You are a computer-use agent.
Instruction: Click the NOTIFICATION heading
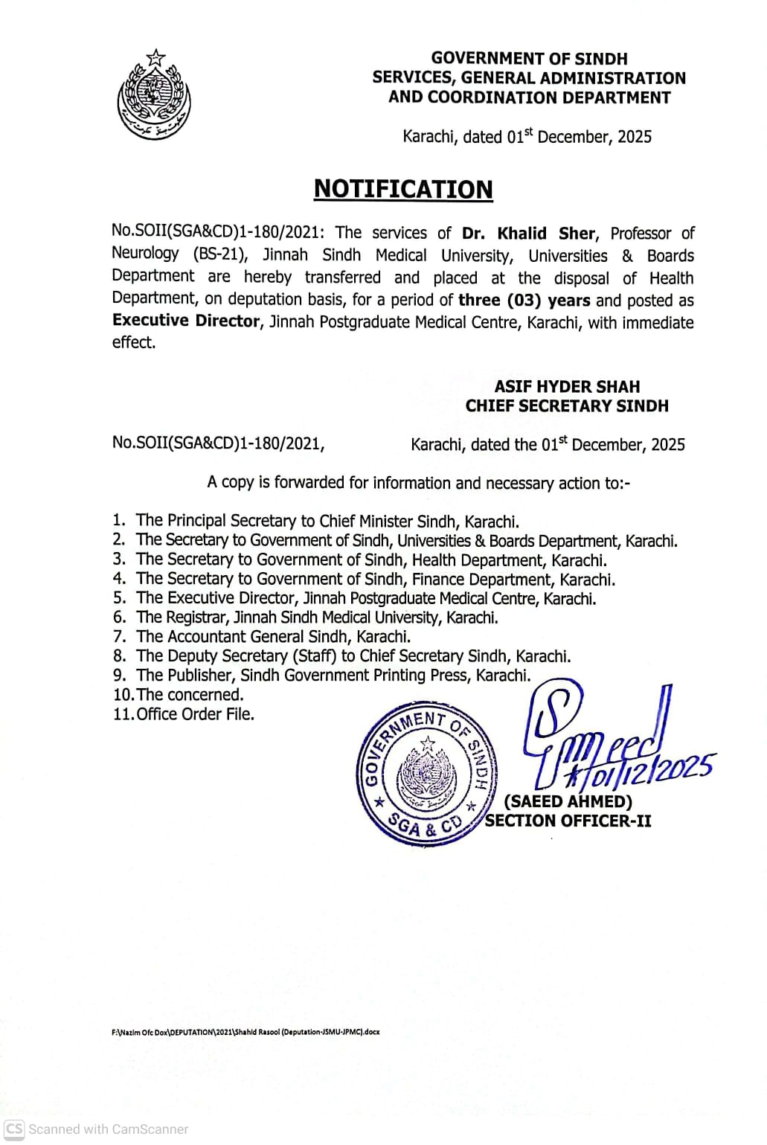tap(403, 189)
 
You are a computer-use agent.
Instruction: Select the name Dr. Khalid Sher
tap(528, 234)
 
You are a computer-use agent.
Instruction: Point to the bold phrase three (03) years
tap(524, 301)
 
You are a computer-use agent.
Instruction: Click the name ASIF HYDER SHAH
tap(567, 387)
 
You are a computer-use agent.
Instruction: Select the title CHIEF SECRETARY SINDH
tap(567, 406)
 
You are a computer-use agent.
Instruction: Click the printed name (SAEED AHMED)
tap(568, 801)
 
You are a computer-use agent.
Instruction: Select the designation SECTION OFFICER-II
tap(568, 821)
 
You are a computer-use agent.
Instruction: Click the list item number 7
tap(119, 637)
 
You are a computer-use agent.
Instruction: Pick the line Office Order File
tap(195, 714)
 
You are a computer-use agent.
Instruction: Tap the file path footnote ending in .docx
tap(245, 1032)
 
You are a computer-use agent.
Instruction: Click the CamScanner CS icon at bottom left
tap(13, 1129)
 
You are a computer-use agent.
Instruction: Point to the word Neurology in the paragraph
tap(145, 254)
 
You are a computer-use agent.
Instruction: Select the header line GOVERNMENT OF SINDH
tap(529, 58)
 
